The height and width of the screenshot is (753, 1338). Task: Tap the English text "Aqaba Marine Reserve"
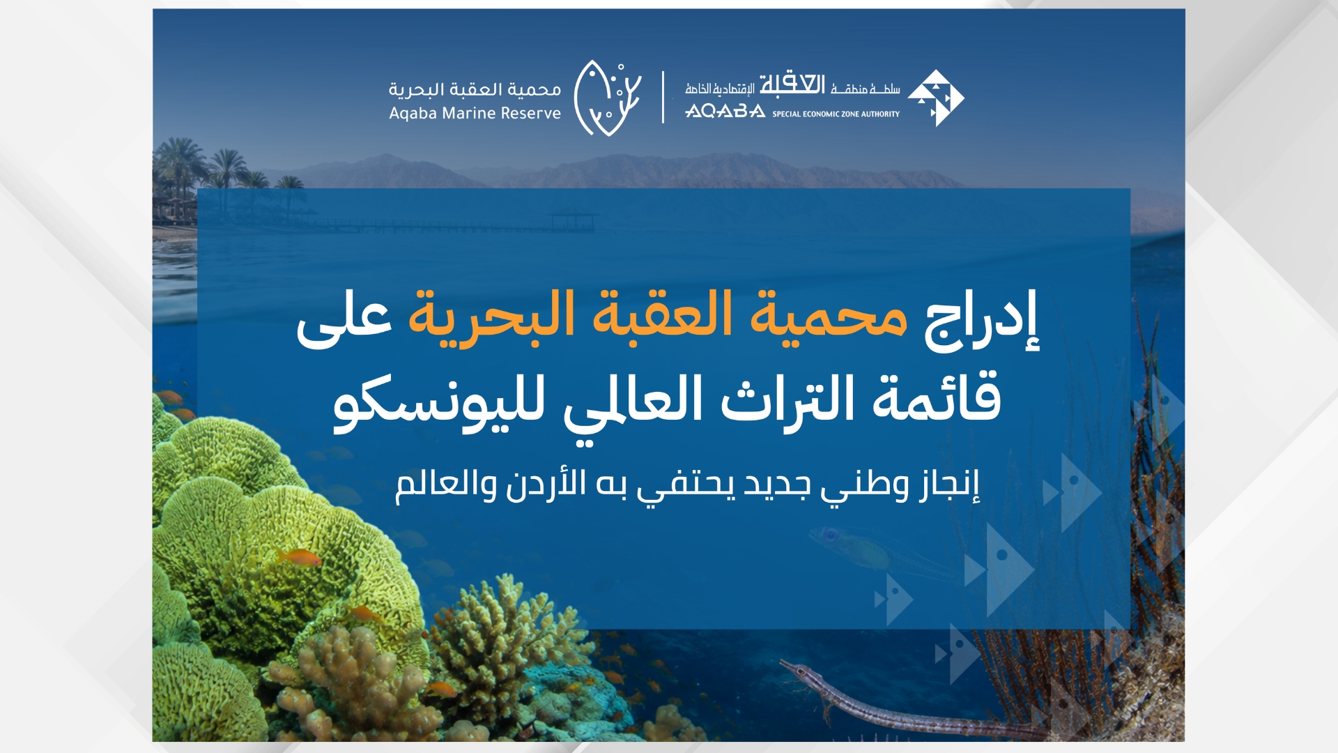475,114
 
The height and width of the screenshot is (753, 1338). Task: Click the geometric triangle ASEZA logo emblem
935,98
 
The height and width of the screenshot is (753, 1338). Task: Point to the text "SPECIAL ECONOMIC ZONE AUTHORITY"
836,114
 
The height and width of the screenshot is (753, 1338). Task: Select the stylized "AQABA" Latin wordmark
725,112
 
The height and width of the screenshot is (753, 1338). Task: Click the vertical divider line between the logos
663,97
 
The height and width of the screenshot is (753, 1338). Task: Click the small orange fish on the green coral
302,558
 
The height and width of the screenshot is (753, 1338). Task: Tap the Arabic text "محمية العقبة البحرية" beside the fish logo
475,89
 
